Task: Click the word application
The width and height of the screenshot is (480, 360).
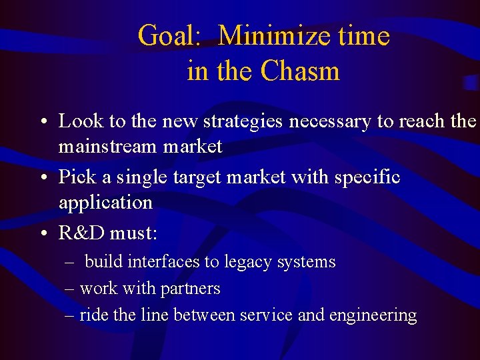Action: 105,202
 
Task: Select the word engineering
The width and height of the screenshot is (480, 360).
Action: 373,315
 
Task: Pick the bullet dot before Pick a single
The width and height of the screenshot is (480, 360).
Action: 43,179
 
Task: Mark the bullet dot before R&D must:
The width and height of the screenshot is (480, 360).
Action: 43,235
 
